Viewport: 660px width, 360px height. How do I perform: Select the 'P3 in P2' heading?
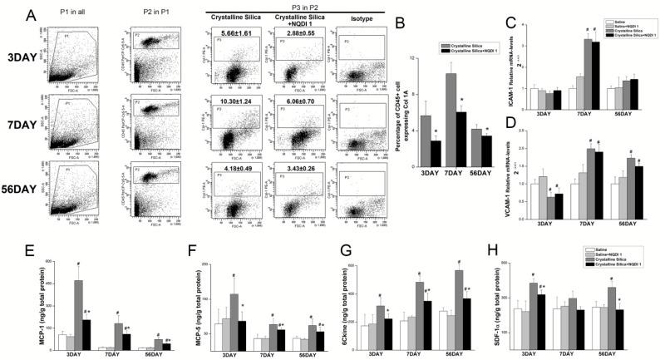[289, 5]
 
